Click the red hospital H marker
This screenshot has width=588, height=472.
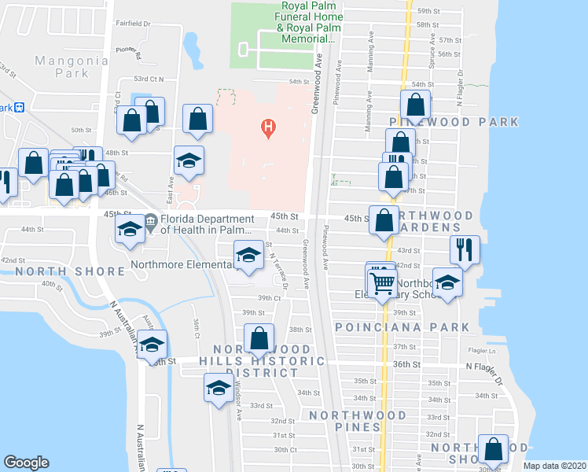point(269,126)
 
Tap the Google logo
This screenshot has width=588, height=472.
point(26,463)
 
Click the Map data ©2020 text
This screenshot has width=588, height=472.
point(554,466)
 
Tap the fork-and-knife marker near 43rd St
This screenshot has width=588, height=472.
point(465,249)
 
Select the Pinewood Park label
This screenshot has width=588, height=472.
point(454,122)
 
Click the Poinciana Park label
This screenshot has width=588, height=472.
point(402,326)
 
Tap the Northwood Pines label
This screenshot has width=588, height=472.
point(358,421)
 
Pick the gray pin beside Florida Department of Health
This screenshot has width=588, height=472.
point(150,222)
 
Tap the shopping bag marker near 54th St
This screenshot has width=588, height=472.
point(415,104)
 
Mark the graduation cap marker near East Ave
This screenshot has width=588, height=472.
point(189,161)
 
